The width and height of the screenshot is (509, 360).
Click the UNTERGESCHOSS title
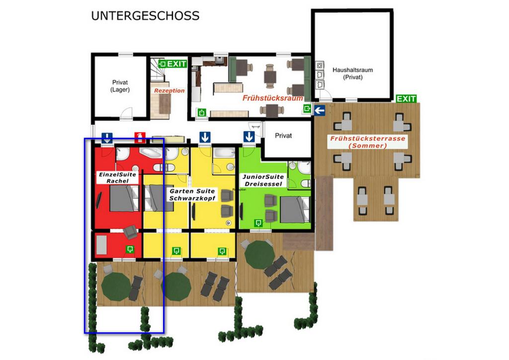click(x=145, y=16)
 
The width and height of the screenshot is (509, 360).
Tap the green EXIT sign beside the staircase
click(x=172, y=64)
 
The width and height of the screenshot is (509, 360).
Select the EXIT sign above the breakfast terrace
click(x=406, y=98)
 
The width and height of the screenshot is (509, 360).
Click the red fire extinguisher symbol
click(x=140, y=137)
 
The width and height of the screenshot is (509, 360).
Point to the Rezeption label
click(x=169, y=90)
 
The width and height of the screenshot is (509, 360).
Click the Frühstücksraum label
click(x=273, y=98)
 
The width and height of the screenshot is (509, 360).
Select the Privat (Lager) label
click(x=120, y=86)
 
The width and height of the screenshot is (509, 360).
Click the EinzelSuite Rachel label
click(x=117, y=178)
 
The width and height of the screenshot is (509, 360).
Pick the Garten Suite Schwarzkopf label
click(x=192, y=194)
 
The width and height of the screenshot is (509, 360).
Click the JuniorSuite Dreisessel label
click(x=263, y=180)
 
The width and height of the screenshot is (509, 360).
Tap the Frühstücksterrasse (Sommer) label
click(x=368, y=142)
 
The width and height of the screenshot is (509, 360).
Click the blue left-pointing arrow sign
click(x=320, y=110)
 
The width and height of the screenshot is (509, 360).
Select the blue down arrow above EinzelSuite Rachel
click(x=107, y=137)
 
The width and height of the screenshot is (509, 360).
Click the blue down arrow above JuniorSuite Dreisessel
click(x=249, y=137)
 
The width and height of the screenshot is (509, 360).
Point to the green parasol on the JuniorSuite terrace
click(x=259, y=255)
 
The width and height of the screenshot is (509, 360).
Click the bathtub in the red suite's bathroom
click(x=151, y=153)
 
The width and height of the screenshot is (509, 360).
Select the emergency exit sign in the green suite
click(x=258, y=223)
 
